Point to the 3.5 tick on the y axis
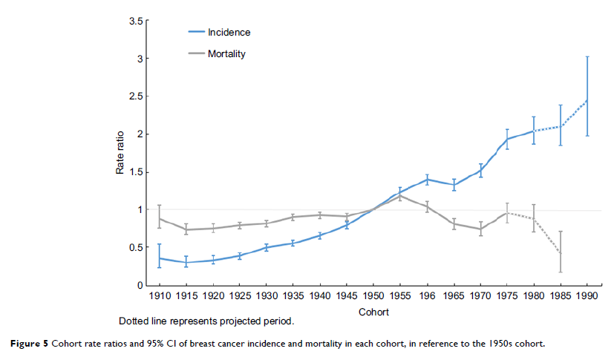pos(135,21)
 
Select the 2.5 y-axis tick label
pos(135,96)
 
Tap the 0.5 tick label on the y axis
pos(135,248)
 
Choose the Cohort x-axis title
pos(373,312)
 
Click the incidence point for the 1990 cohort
pos(588,100)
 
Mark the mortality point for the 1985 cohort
pos(561,253)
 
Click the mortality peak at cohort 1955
pos(401,196)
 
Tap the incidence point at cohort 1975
pos(508,139)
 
